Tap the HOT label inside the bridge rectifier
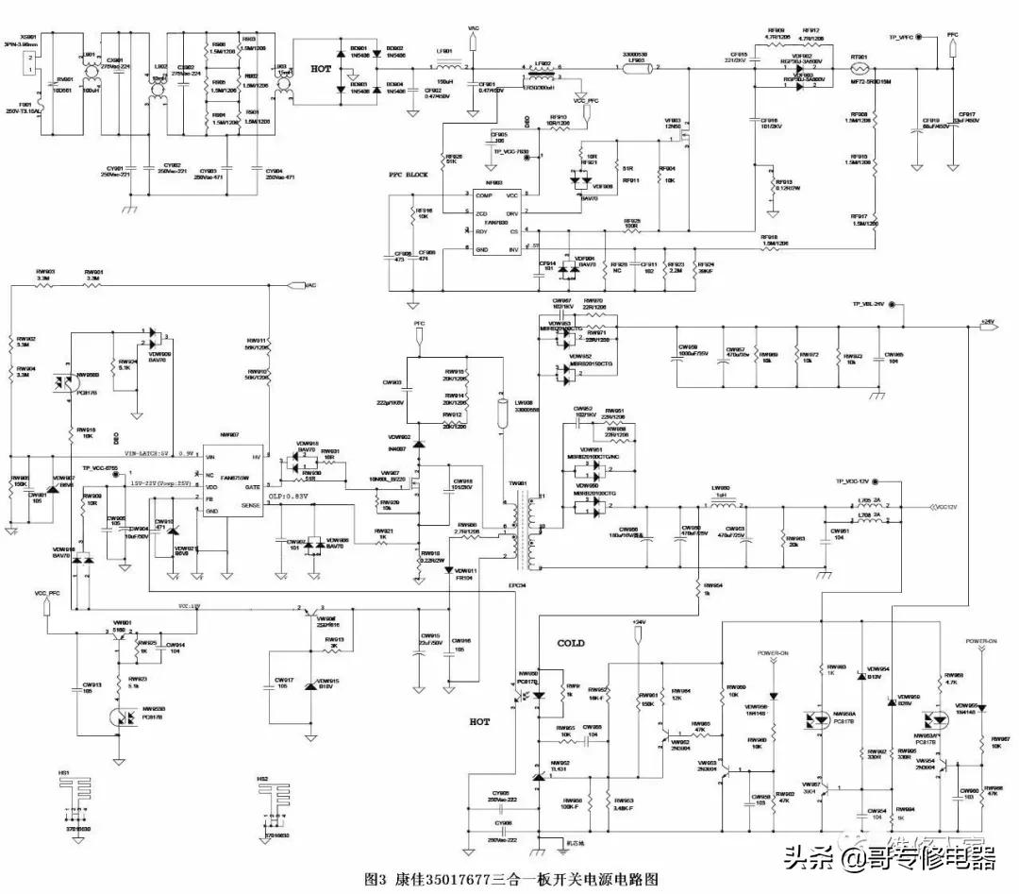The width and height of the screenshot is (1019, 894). coord(322,70)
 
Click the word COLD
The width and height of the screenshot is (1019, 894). coord(570,643)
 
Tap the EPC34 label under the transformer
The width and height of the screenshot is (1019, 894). coord(515,585)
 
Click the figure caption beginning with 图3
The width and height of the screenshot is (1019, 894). coord(509,878)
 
